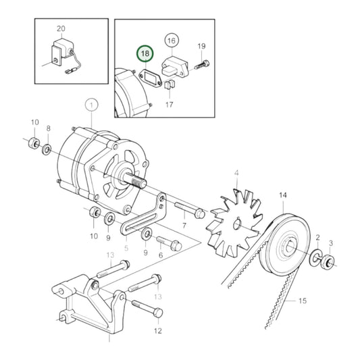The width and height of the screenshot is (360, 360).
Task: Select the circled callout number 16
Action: click(x=171, y=40)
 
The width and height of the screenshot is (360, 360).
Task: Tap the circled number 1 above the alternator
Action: click(x=91, y=105)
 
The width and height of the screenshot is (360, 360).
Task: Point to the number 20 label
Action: click(x=61, y=29)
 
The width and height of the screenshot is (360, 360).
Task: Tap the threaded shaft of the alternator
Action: click(x=136, y=181)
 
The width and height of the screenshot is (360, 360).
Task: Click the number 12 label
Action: click(x=158, y=330)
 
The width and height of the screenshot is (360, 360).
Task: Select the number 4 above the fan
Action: click(x=236, y=174)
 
